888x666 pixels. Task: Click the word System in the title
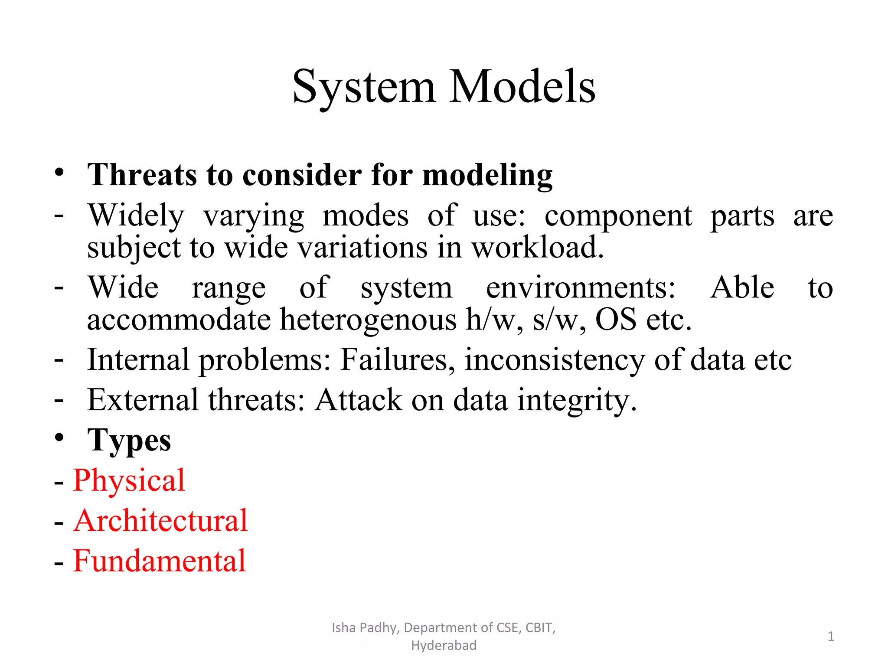point(363,88)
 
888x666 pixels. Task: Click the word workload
point(538,248)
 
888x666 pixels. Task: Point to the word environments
point(580,287)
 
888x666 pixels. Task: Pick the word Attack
point(358,400)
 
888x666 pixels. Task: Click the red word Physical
point(129,481)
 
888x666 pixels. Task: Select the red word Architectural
point(160,520)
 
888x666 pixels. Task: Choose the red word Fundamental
point(160,561)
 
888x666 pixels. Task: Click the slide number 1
point(831,637)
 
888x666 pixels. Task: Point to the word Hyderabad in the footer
point(444,646)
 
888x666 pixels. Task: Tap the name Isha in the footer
point(343,628)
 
